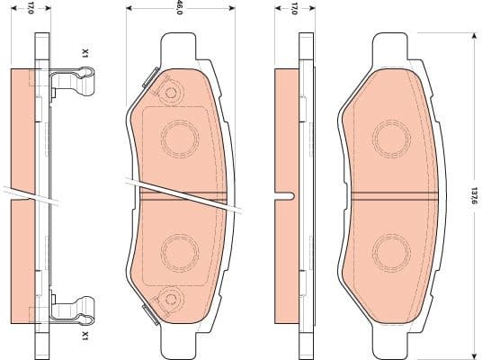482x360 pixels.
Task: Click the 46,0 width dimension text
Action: tap(180, 9)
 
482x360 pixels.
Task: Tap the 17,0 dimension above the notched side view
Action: tap(294, 9)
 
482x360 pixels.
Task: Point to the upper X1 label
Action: tap(85, 53)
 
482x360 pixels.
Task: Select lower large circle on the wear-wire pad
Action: tap(178, 249)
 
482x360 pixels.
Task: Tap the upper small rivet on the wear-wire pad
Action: tap(168, 90)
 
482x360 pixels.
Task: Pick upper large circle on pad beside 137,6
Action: tap(390, 138)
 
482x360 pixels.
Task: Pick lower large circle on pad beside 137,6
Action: tap(390, 249)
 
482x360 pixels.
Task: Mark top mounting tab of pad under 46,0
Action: tap(179, 43)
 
